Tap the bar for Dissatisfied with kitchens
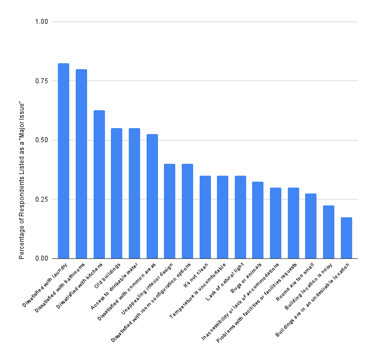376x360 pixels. pyautogui.click(x=99, y=184)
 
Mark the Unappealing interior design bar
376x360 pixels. pyautogui.click(x=169, y=211)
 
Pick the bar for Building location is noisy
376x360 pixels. pyautogui.click(x=328, y=232)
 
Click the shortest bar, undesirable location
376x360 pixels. pyautogui.click(x=346, y=238)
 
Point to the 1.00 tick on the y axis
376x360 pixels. pyautogui.click(x=42, y=22)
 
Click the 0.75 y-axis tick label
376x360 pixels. pyautogui.click(x=42, y=81)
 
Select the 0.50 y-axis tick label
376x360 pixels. pyautogui.click(x=42, y=140)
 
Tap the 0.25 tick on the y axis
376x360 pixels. pyautogui.click(x=42, y=199)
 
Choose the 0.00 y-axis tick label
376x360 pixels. pyautogui.click(x=42, y=258)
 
